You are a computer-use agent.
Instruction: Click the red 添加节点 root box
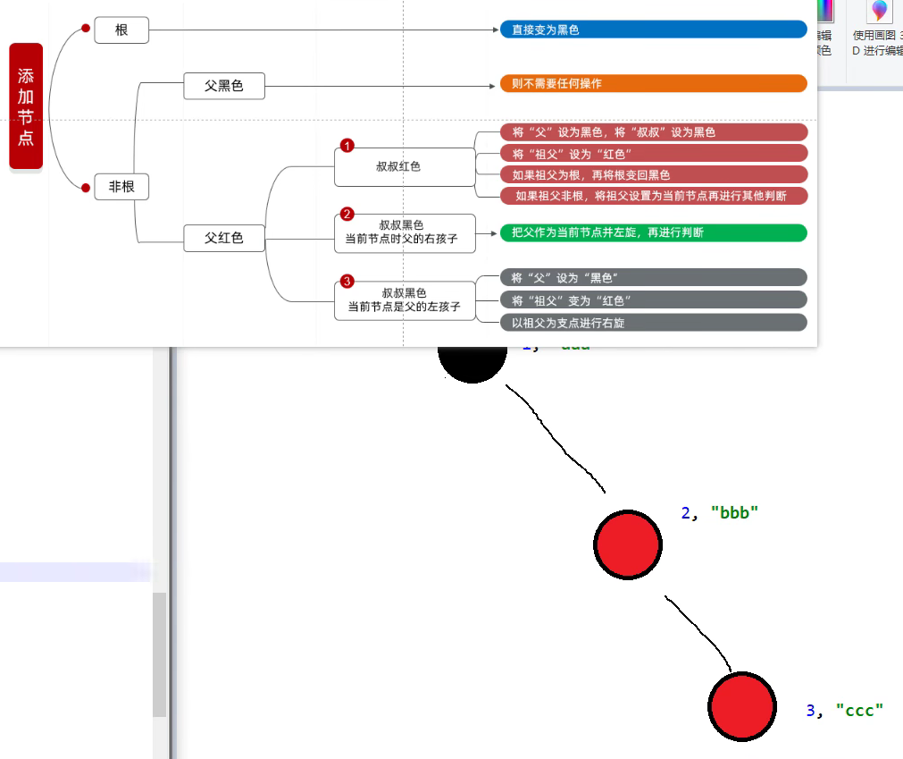pos(26,106)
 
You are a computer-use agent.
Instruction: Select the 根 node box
pos(121,30)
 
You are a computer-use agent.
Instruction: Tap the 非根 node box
pos(121,187)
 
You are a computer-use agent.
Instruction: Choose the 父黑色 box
pos(224,86)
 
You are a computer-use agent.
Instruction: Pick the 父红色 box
pos(224,239)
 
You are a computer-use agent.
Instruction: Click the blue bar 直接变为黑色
pos(653,30)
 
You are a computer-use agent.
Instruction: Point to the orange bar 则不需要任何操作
pos(653,84)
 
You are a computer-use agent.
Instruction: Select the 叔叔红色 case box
pos(405,167)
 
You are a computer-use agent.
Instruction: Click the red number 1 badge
pos(347,146)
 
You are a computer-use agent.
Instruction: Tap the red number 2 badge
pos(347,215)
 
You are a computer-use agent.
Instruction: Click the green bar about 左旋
pos(653,232)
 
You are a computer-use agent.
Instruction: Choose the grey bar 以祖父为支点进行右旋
pos(653,323)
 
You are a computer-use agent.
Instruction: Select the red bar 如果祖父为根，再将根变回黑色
pos(653,174)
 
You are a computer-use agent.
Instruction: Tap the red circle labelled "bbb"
pos(628,544)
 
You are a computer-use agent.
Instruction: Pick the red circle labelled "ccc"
pos(741,706)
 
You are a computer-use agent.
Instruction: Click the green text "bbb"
pos(734,513)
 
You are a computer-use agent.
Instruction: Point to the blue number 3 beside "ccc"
pos(811,711)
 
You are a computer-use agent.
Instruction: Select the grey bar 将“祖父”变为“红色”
pos(653,299)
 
